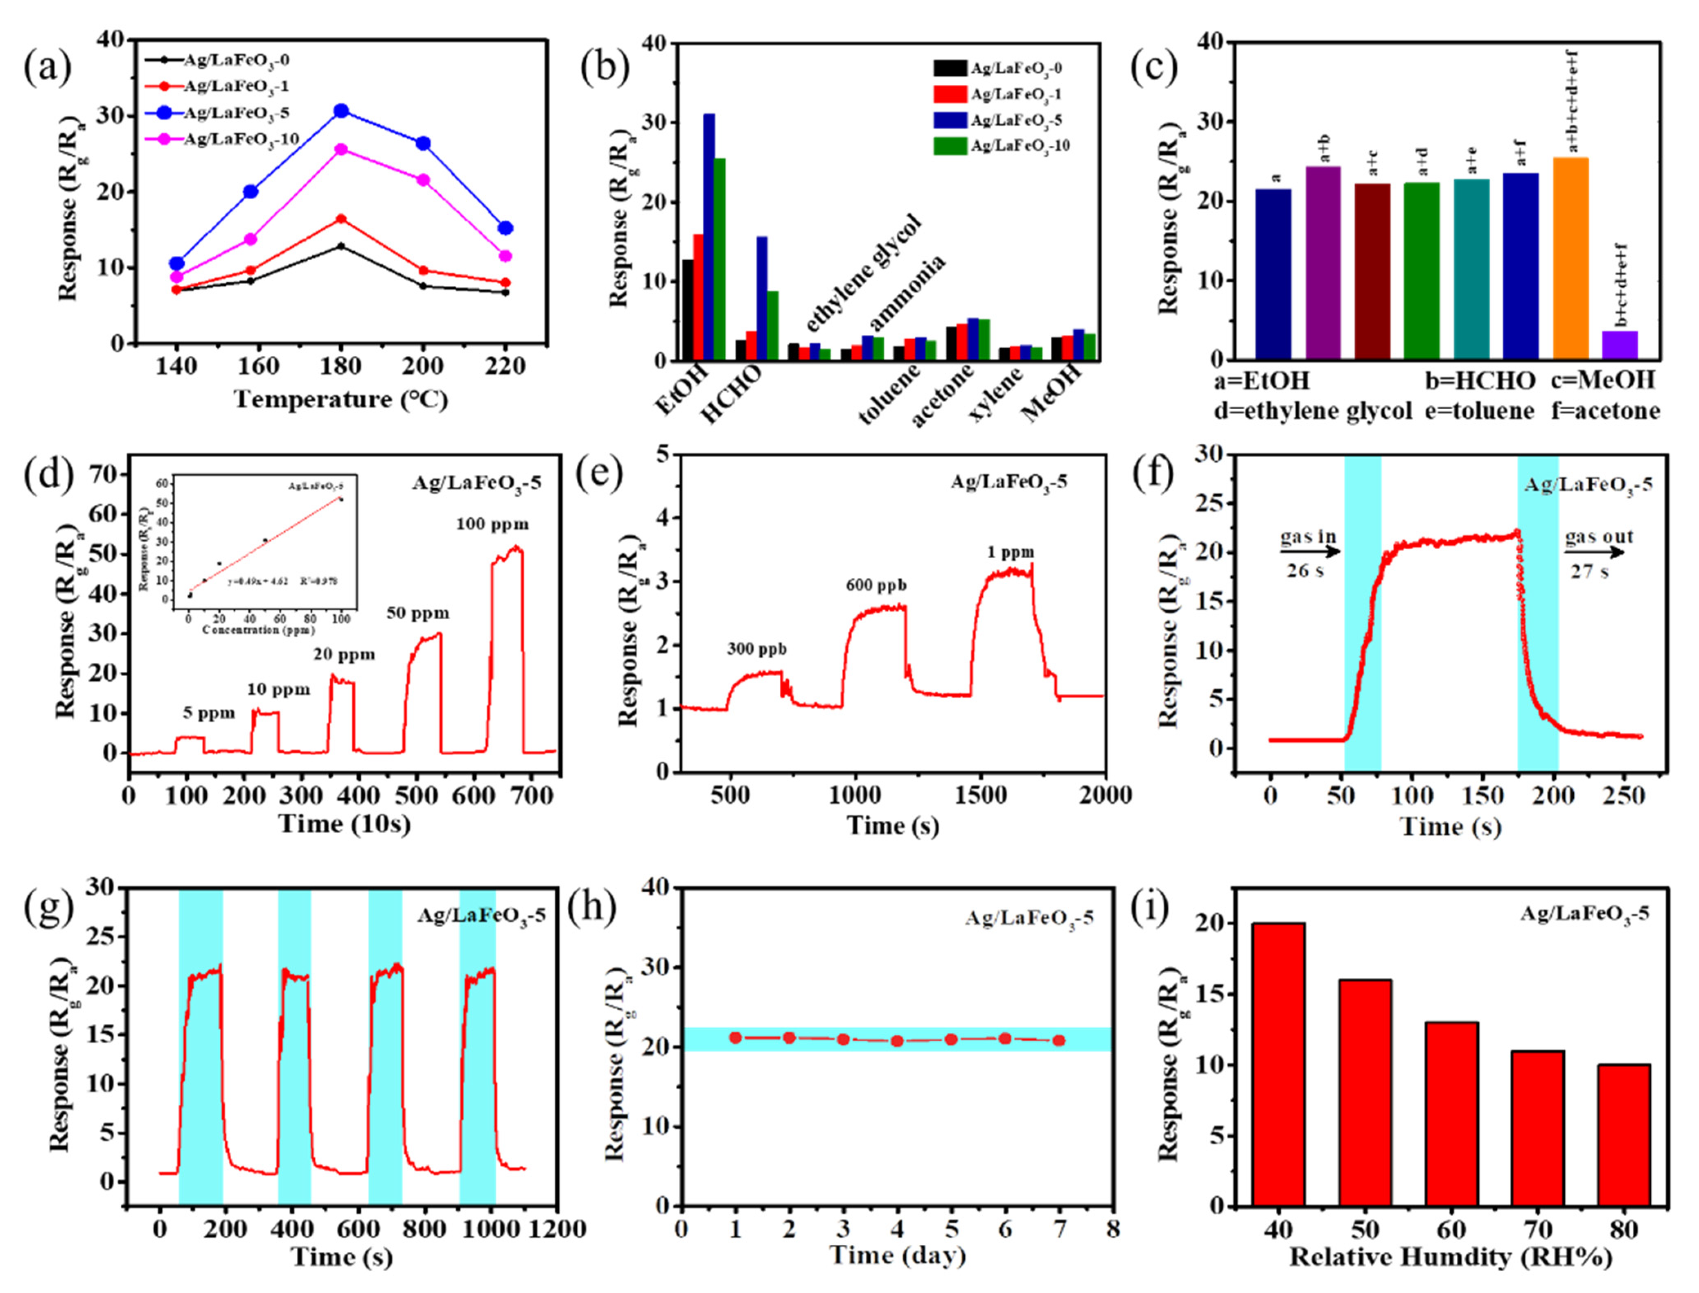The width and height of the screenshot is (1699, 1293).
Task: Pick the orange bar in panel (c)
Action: tap(1570, 259)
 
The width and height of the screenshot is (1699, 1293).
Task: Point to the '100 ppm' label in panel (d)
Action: tap(492, 525)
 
